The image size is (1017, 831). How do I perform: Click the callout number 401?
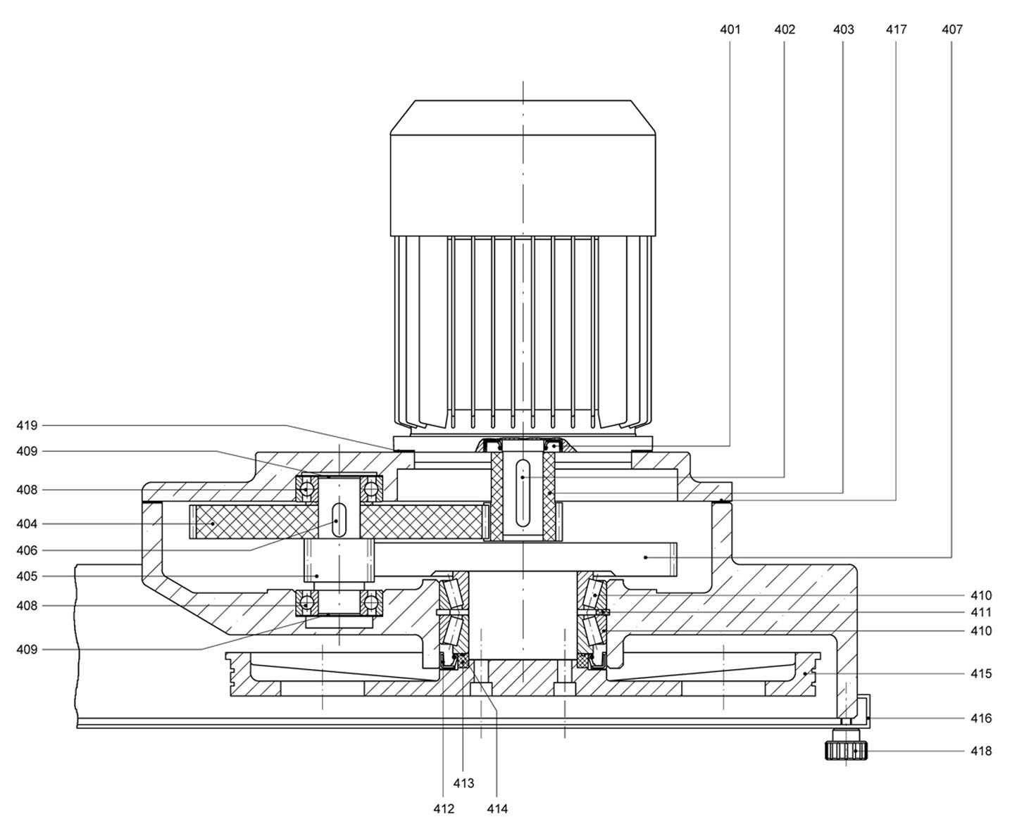pos(730,30)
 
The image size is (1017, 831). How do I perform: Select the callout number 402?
pos(785,30)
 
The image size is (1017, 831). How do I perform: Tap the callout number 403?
pos(843,30)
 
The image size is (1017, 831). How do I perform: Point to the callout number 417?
pos(897,30)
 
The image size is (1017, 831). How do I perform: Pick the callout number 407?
pos(952,30)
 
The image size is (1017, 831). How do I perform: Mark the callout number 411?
pos(981,612)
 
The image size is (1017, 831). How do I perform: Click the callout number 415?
pos(981,673)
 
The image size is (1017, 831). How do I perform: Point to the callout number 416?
pos(981,718)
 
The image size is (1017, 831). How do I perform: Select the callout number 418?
pos(981,751)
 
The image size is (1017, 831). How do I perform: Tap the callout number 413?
pos(463,783)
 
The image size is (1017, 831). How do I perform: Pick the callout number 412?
pos(444,809)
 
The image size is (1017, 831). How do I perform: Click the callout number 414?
pos(497,809)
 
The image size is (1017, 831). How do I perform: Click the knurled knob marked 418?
pos(846,751)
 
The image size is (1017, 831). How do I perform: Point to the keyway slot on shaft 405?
pos(339,520)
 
